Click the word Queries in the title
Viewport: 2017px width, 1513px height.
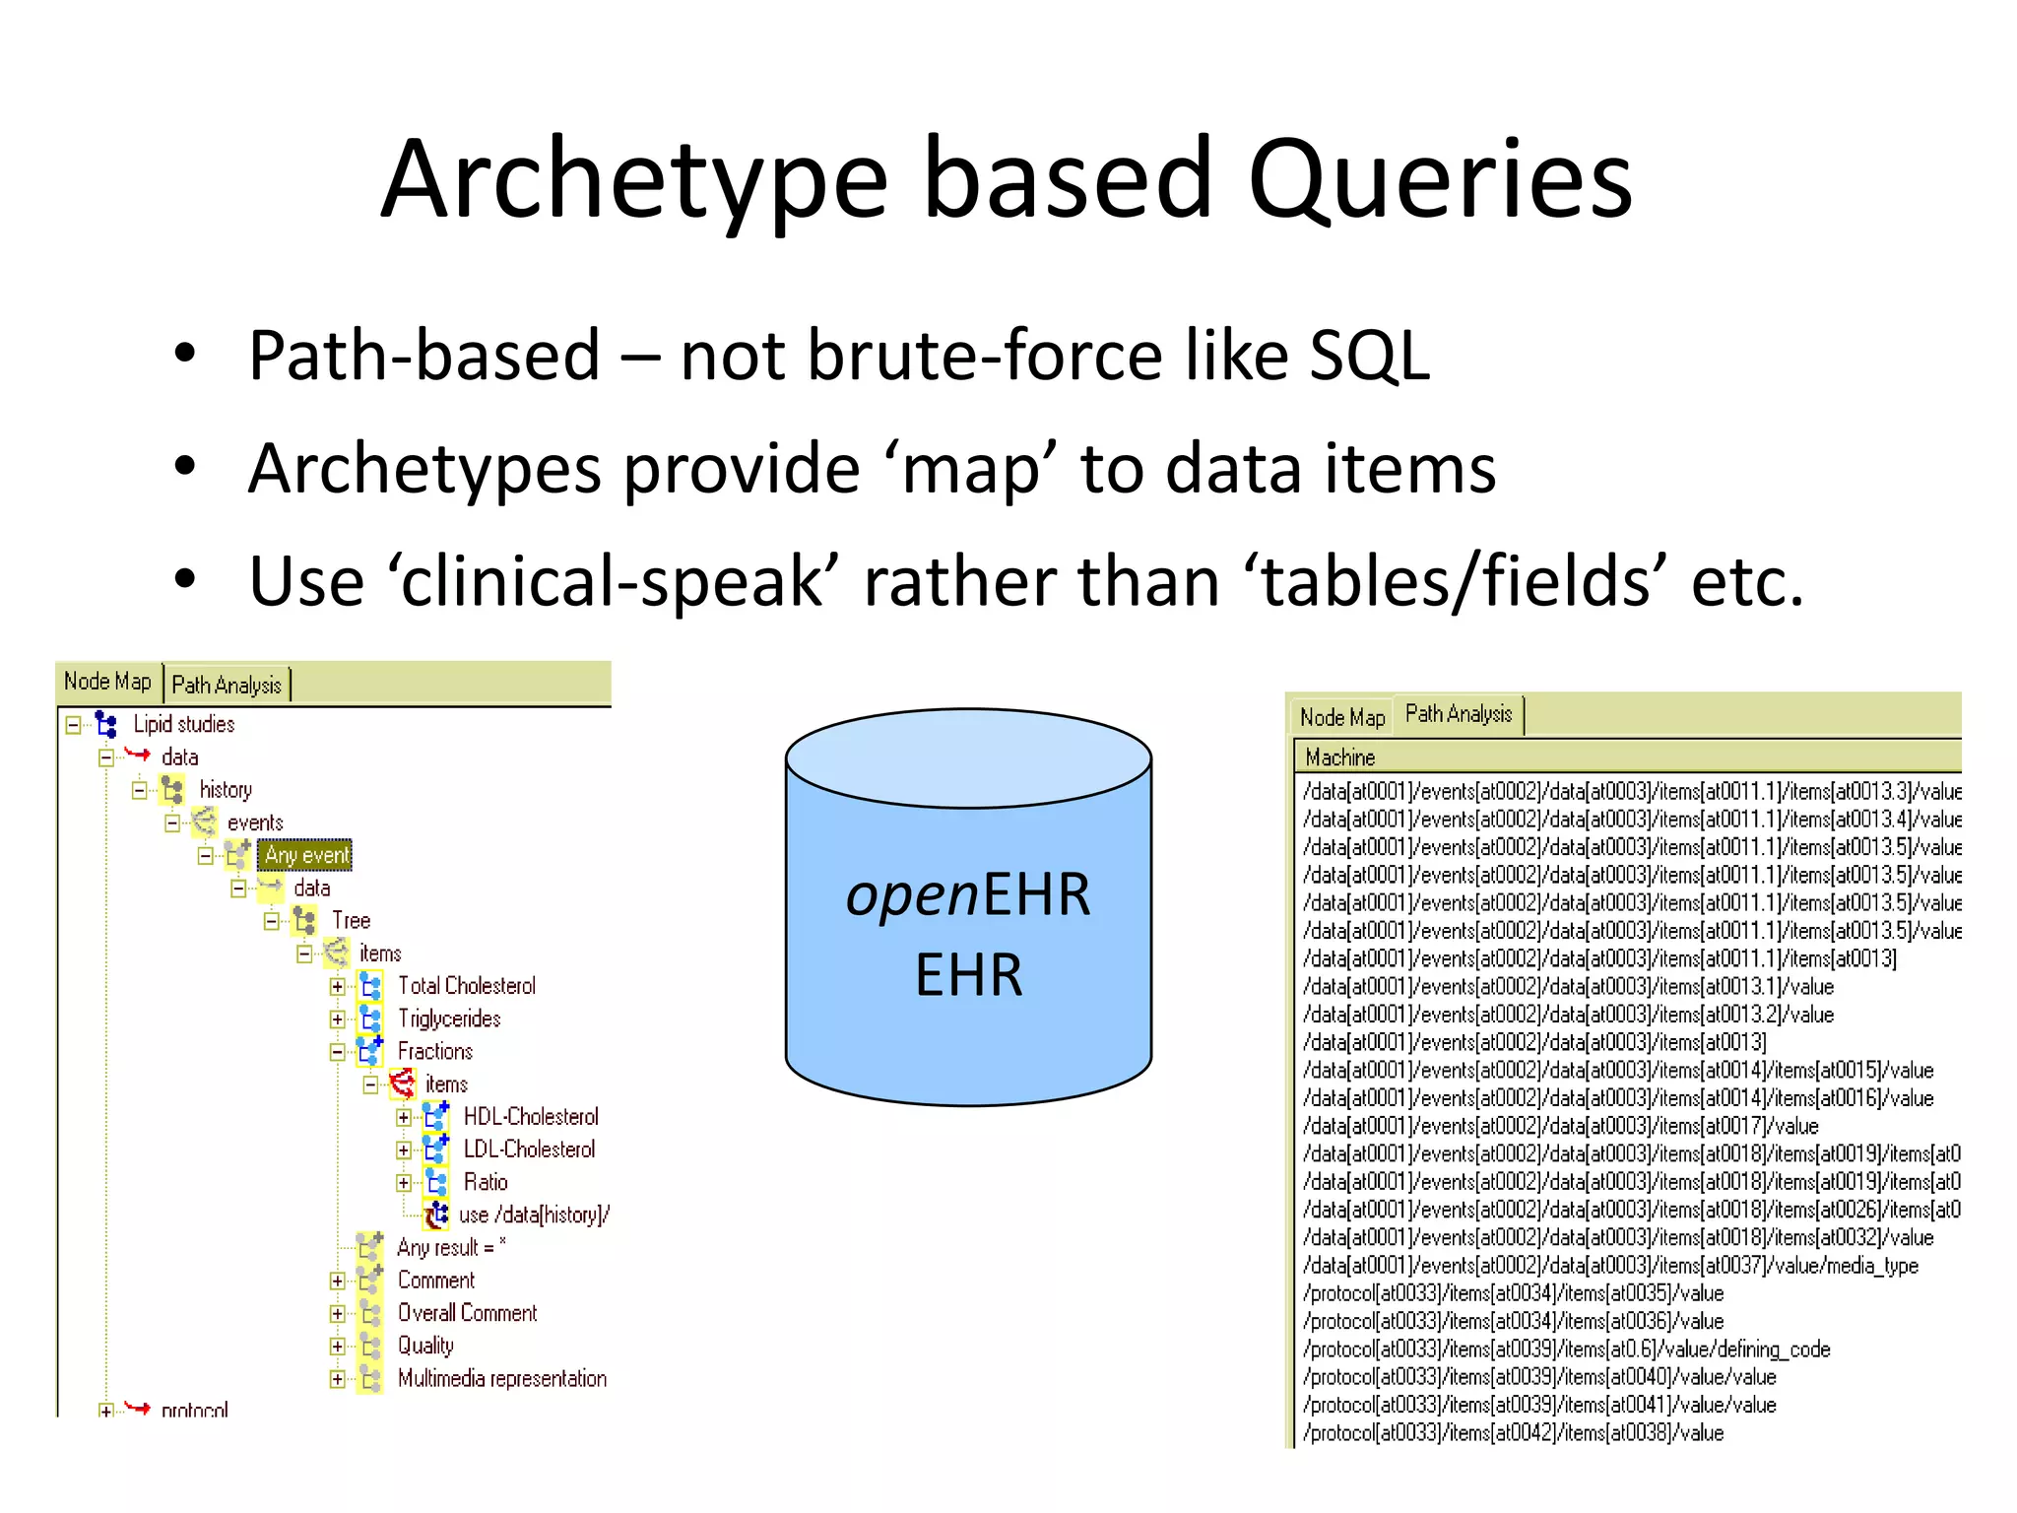click(1440, 180)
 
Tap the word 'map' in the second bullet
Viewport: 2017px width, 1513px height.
click(970, 469)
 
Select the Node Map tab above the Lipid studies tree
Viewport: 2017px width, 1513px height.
click(107, 682)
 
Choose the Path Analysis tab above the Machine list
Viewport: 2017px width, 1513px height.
click(1458, 714)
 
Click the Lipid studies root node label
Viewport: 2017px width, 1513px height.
click(184, 725)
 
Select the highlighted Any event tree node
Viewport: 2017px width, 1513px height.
click(306, 855)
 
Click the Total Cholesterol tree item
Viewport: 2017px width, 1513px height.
click(466, 986)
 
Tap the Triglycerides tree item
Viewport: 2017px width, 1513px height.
click(449, 1019)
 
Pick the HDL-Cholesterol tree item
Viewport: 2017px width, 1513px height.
click(531, 1117)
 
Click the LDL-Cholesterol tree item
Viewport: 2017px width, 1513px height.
click(529, 1150)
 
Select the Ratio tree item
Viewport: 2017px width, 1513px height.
click(486, 1182)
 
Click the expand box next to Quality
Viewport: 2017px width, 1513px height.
click(338, 1347)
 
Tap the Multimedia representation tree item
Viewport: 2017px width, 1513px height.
click(501, 1379)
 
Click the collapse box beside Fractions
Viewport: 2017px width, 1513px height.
click(338, 1052)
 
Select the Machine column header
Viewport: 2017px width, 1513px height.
click(1340, 757)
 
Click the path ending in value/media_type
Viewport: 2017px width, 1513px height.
click(1610, 1266)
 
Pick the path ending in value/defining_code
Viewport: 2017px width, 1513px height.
click(1566, 1349)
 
